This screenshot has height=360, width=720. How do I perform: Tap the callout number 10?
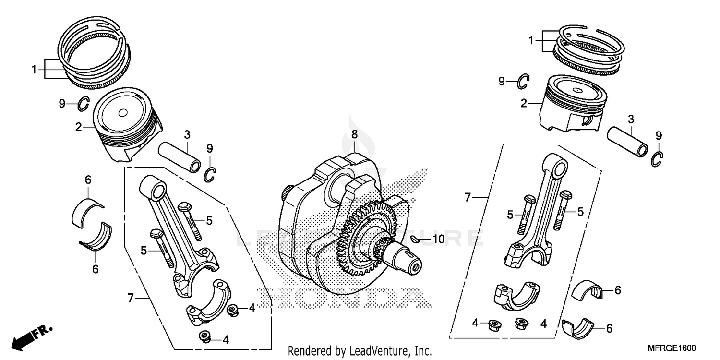[438, 239]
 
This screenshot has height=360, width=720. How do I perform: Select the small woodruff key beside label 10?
[417, 239]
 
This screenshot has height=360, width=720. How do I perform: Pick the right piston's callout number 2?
[525, 103]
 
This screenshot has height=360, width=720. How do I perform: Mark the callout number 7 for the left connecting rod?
[130, 298]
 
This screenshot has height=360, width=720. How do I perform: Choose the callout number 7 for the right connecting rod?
[468, 197]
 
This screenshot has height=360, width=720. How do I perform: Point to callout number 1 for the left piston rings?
[34, 70]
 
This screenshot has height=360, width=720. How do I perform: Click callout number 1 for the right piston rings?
[531, 41]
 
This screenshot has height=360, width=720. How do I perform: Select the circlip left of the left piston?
[84, 103]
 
